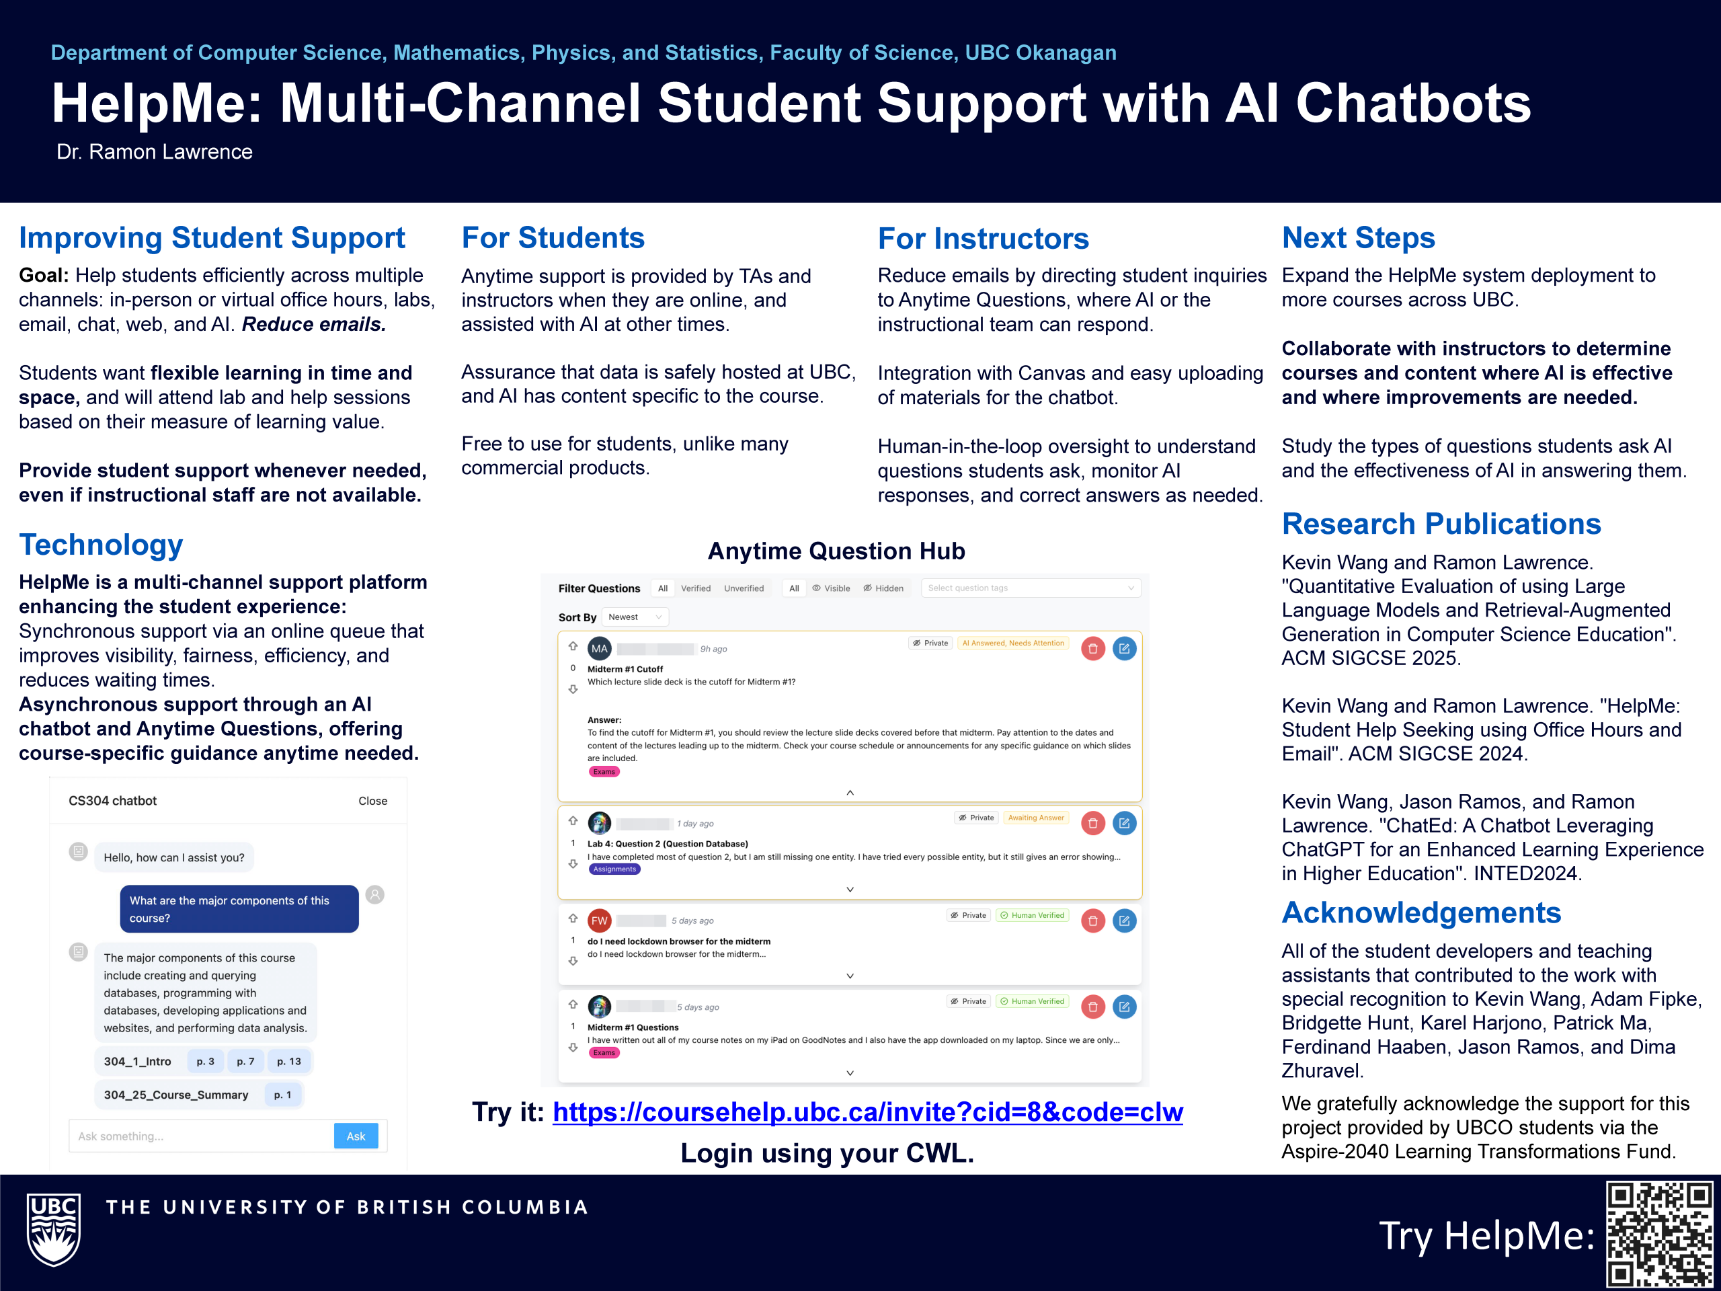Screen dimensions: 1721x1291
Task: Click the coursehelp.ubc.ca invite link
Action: tap(867, 1112)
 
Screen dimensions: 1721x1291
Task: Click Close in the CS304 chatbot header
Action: tap(372, 801)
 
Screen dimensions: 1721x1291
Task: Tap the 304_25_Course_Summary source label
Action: tap(176, 1095)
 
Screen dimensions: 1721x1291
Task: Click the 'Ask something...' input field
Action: tap(201, 1136)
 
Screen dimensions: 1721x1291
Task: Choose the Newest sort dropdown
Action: tap(635, 617)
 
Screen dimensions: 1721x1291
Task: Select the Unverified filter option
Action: tap(744, 588)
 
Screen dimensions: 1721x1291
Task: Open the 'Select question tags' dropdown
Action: tap(1031, 588)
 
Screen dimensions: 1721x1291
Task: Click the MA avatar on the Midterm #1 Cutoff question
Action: tap(599, 648)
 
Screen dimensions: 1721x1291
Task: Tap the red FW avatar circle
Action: tap(599, 921)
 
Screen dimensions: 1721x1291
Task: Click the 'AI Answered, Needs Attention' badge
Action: tap(1013, 643)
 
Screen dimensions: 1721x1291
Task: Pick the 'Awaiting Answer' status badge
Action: tap(1035, 818)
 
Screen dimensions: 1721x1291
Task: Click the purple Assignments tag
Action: tap(614, 869)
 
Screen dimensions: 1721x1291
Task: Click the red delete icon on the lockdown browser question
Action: tap(1093, 921)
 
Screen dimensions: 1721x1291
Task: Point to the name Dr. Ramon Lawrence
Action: tap(154, 152)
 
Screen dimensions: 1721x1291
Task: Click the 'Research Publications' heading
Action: tap(1441, 524)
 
